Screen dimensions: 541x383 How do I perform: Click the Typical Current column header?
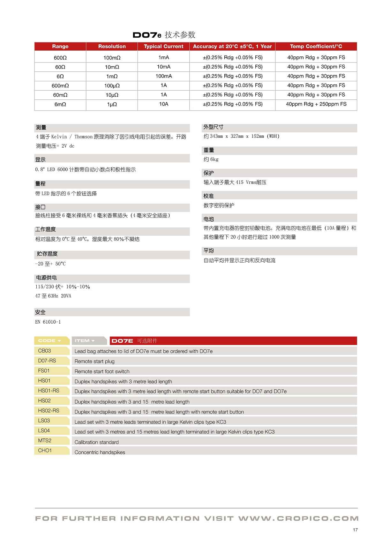[163, 47]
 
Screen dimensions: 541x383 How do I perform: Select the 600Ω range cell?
[60, 58]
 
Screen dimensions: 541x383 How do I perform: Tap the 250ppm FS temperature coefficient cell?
[316, 104]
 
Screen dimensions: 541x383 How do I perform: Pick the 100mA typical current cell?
[163, 76]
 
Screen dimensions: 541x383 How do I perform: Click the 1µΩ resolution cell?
[112, 104]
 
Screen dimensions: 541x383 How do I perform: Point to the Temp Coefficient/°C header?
[316, 47]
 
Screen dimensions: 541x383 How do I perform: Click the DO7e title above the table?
[147, 35]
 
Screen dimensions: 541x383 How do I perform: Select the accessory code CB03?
[45, 351]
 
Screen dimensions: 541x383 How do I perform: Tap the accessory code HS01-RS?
[49, 391]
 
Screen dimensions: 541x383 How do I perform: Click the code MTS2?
[45, 441]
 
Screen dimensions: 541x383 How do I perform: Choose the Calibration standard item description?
[96, 442]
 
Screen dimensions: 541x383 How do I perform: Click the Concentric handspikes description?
[100, 452]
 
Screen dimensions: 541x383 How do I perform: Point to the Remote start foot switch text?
[102, 371]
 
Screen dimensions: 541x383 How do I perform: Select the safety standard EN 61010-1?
[48, 322]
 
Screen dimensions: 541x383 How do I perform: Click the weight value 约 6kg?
[211, 159]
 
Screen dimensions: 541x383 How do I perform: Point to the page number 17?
[355, 530]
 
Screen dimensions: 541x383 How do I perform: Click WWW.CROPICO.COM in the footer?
[298, 519]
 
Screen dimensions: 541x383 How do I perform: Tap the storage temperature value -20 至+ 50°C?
[50, 264]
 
